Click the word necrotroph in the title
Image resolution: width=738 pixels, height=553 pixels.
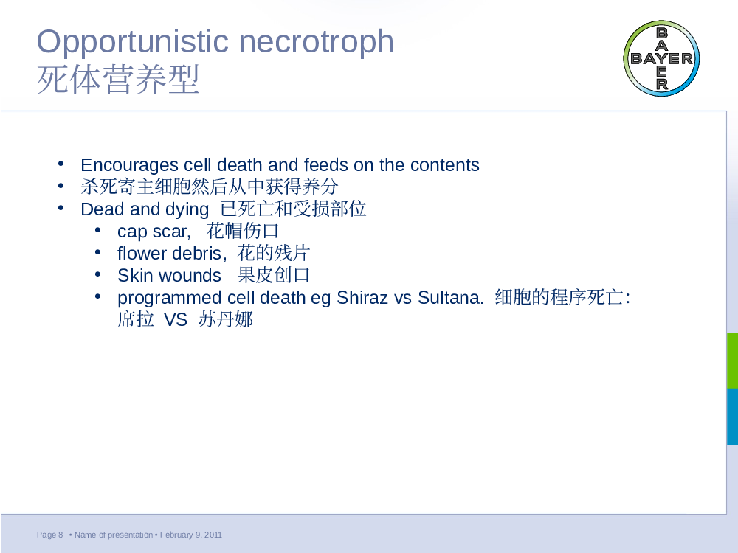coord(317,41)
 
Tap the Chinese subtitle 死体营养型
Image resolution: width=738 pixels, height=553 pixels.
coord(118,80)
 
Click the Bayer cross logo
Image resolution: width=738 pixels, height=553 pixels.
coord(661,58)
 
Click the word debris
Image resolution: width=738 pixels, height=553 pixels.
coord(197,253)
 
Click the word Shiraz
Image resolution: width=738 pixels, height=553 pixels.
coord(362,298)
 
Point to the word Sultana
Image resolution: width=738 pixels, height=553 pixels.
coord(450,298)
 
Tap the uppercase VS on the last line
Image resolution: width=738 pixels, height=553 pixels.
coord(176,320)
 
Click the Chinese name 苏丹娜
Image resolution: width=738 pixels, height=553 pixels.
coord(225,320)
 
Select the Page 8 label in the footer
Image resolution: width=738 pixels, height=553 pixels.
coord(50,535)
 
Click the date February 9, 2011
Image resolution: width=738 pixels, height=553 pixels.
coord(191,535)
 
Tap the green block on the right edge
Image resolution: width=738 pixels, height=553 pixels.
coord(732,361)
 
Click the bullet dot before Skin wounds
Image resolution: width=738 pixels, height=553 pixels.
coord(97,274)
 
